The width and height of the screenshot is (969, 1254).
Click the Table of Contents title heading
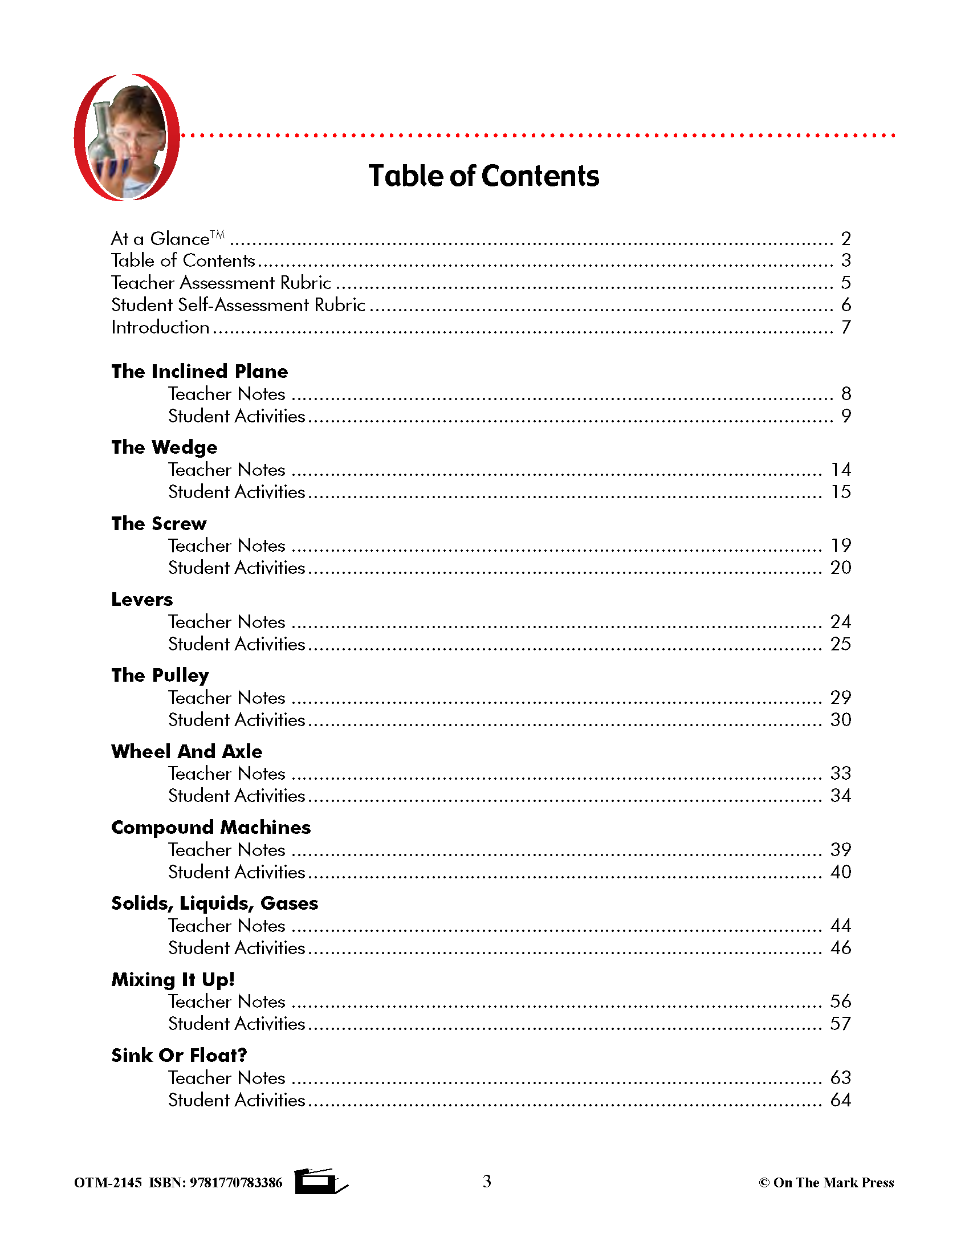tap(483, 176)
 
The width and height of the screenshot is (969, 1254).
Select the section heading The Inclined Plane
tap(199, 372)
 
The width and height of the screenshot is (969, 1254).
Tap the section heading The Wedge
tap(164, 447)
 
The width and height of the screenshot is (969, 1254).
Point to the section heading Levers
tap(142, 600)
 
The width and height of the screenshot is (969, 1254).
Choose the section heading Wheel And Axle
tap(186, 751)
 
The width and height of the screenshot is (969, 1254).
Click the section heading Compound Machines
tap(211, 828)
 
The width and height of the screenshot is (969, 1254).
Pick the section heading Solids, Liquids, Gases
tap(214, 903)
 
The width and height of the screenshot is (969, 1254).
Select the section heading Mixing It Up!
tap(173, 979)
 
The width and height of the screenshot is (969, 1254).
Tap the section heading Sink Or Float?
tap(178, 1055)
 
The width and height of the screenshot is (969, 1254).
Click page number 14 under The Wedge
tap(840, 470)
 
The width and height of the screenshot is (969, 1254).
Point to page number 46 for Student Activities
tap(840, 947)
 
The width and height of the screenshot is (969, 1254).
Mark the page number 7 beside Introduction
tap(845, 327)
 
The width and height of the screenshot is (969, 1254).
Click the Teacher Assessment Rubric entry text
tap(221, 283)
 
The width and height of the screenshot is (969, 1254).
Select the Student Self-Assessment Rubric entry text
tap(238, 305)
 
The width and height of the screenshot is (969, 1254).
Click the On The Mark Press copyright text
tap(826, 1182)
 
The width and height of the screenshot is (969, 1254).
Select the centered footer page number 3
tap(487, 1181)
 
